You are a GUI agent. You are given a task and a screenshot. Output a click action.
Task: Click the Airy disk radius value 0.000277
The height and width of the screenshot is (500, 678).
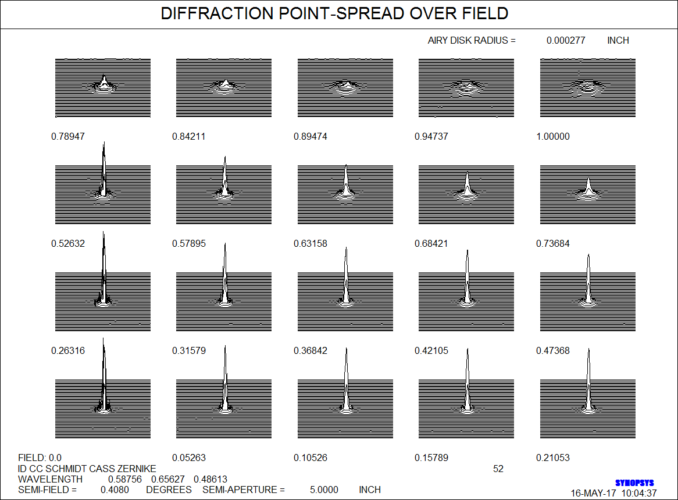coord(566,40)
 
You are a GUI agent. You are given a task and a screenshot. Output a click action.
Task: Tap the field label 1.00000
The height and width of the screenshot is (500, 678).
coord(552,136)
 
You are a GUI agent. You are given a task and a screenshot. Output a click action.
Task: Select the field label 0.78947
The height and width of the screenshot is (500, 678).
coord(68,136)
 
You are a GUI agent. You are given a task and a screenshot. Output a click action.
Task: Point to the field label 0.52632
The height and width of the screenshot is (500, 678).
coord(68,243)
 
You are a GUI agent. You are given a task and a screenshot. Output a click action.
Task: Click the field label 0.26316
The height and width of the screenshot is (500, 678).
coord(68,350)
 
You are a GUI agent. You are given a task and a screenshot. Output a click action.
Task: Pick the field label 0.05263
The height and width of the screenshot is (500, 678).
coord(189,458)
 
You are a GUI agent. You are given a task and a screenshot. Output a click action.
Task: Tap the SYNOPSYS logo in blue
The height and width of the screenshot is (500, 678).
coord(634,483)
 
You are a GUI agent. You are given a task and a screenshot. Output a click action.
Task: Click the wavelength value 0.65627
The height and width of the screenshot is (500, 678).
coord(168,479)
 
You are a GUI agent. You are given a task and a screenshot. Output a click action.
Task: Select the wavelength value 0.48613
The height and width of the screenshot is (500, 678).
coord(210,479)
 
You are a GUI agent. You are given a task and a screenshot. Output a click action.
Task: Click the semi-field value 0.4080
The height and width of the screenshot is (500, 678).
coord(115,490)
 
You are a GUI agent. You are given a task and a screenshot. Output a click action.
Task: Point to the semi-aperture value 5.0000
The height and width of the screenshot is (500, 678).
coord(324,490)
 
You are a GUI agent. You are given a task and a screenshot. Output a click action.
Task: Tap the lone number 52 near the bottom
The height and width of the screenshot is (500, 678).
coord(498,469)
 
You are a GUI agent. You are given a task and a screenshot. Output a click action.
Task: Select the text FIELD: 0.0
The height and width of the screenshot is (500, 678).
coord(40,458)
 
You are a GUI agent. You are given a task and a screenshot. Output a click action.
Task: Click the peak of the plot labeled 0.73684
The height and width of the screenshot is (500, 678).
coord(588,178)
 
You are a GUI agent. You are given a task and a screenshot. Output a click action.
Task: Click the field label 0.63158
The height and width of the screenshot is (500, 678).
coord(311,243)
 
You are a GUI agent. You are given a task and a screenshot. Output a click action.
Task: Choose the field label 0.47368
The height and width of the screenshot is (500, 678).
coord(552,350)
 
